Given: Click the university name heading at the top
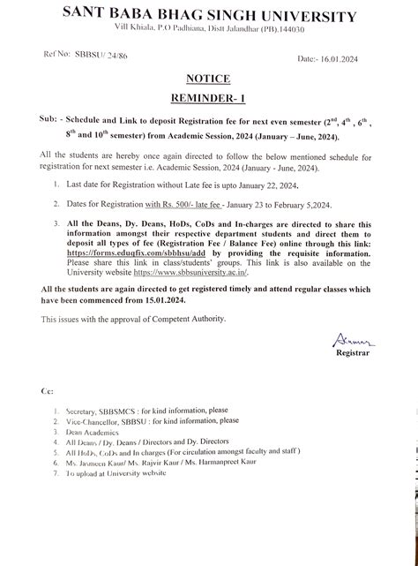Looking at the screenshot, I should click(209, 16).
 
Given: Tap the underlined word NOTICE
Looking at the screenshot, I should click(209, 79).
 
